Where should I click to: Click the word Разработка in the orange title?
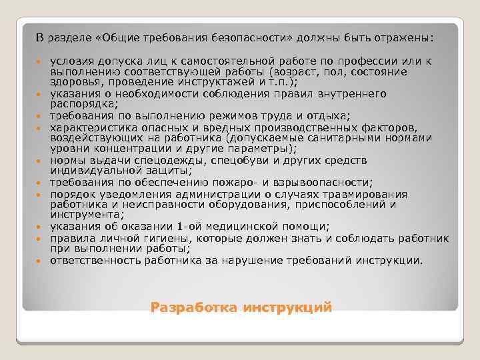193,308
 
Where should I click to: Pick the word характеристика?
93,127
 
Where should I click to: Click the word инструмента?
84,215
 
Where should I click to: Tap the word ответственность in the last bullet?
90,260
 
